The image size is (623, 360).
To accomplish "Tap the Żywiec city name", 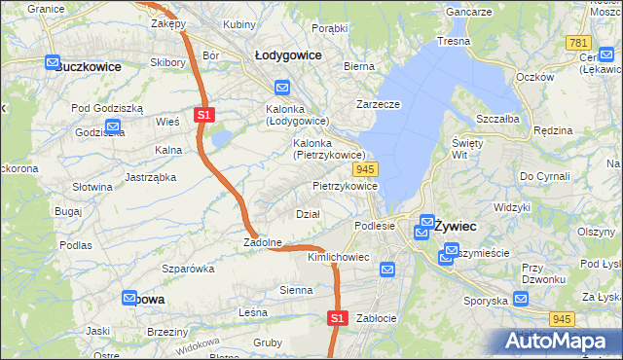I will pos(455,225).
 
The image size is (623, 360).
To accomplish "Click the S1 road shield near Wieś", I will pos(203,114).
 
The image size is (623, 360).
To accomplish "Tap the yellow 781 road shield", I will pos(578,44).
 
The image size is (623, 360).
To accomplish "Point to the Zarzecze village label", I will pos(380,104).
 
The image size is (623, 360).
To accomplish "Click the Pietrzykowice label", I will pos(345,185).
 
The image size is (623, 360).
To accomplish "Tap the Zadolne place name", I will pos(263,242).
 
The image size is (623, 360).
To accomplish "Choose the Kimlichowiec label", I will pos(338,257).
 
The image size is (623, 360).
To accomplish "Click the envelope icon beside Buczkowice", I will pos(53,62).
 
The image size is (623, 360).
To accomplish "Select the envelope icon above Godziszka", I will pos(112,126).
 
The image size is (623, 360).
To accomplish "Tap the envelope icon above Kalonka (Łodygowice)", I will pos(281,86).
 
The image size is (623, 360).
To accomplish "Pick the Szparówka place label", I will pos(188,268).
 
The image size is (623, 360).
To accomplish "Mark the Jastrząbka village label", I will pos(150,177).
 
